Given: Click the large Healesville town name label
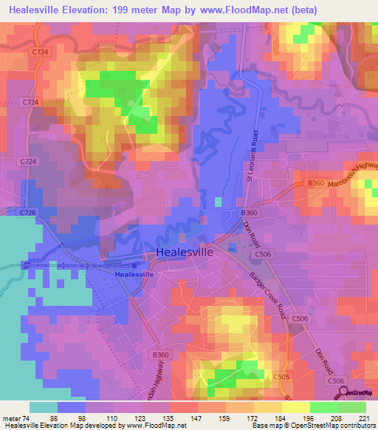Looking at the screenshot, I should pos(185,252).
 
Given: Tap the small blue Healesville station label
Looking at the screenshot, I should pos(134,274).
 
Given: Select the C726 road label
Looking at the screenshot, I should pos(28,213).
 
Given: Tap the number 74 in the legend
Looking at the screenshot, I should pos(29,417).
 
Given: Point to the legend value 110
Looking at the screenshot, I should pos(111,417).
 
